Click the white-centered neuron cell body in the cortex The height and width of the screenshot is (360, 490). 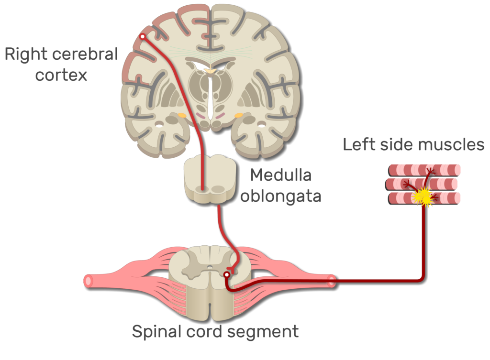click(x=142, y=36)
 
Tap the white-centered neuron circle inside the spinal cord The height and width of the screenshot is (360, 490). click(x=226, y=274)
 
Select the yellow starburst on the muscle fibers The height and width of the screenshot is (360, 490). click(x=424, y=196)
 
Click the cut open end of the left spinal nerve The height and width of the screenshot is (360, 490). click(x=88, y=281)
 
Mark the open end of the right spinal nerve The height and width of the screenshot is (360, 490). click(x=331, y=281)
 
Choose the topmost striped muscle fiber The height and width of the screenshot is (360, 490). click(x=424, y=170)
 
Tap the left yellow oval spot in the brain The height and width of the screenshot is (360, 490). click(x=182, y=115)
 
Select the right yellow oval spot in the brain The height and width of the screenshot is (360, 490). click(x=238, y=115)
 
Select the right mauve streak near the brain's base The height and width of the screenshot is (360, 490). click(x=220, y=116)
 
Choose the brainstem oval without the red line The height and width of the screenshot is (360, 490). click(x=218, y=190)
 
